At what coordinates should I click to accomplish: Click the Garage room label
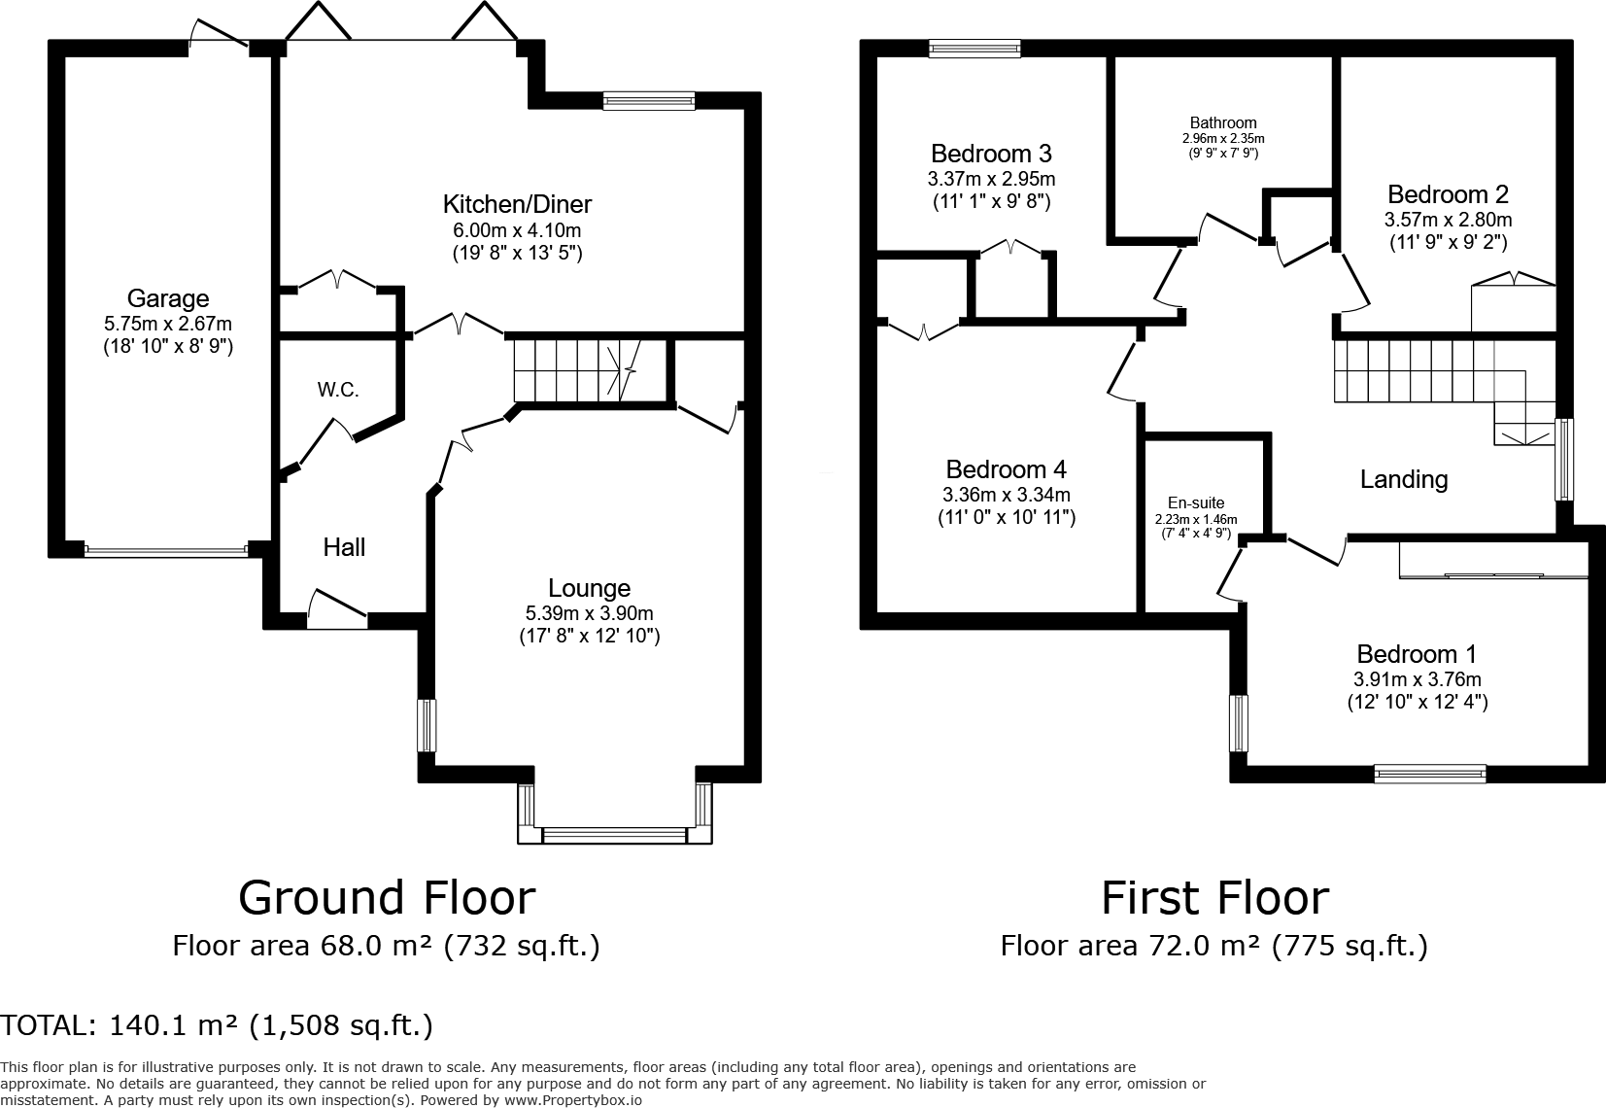(168, 298)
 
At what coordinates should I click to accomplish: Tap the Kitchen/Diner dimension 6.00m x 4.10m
(517, 230)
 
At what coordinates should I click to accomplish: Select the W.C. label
(338, 391)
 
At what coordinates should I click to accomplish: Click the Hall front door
(336, 608)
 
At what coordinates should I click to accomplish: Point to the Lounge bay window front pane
(614, 834)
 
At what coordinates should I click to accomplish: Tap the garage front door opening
(166, 551)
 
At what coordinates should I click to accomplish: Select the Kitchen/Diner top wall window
(648, 100)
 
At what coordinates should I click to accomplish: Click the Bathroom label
(1223, 122)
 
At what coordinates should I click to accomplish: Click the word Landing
(1403, 479)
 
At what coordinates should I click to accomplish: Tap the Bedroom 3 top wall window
(974, 49)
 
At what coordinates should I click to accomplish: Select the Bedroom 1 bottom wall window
(1430, 774)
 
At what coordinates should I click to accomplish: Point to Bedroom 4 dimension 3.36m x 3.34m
(1006, 494)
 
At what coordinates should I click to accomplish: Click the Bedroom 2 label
(1448, 194)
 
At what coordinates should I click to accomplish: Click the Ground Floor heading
(387, 897)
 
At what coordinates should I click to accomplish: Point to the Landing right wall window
(1564, 459)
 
